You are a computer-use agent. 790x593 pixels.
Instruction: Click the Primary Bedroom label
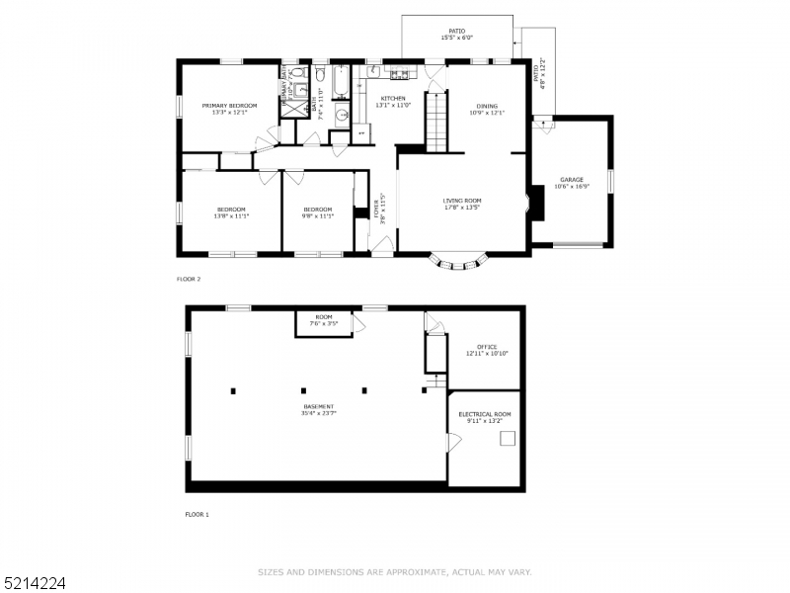[229, 106]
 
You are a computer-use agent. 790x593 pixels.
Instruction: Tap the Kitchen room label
[393, 99]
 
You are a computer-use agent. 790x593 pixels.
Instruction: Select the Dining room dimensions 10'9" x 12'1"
[487, 113]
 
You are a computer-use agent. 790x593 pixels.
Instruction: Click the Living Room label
[461, 201]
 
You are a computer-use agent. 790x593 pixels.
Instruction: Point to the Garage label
[572, 180]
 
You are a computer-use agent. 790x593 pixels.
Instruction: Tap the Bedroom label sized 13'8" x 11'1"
[231, 210]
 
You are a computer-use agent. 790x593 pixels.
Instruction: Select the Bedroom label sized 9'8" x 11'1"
[317, 210]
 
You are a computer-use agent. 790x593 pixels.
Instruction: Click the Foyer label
[376, 212]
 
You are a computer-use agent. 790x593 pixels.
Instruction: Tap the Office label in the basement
[487, 347]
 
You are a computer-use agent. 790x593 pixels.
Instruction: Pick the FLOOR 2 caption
[189, 279]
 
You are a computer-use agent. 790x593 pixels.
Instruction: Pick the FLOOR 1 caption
[197, 514]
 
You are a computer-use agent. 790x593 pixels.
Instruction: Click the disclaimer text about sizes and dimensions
[395, 571]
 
